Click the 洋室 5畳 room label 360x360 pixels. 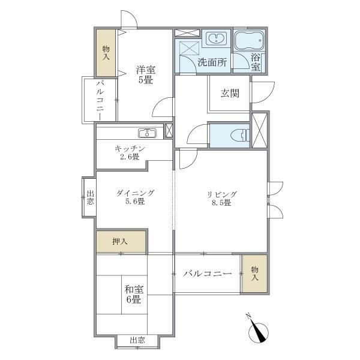point(146,74)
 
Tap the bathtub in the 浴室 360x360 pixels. point(250,41)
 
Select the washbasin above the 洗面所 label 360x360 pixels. point(216,38)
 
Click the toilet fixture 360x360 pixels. point(241,136)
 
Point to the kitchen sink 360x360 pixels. point(147,133)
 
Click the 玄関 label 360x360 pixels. point(230,93)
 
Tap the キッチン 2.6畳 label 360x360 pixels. point(130,152)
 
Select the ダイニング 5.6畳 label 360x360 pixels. point(135,197)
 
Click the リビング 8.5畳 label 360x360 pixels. point(221,199)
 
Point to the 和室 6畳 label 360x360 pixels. point(134,295)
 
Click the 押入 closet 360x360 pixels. point(121,242)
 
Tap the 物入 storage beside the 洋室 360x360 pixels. point(106,53)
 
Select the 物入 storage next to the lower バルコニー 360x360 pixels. point(254,273)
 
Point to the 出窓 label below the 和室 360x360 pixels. point(137,340)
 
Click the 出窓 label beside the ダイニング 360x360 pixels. point(90,197)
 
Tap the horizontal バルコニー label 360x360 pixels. point(207,274)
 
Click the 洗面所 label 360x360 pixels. point(212,62)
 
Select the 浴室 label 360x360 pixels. point(256,62)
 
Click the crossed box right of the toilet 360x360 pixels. point(260,130)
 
